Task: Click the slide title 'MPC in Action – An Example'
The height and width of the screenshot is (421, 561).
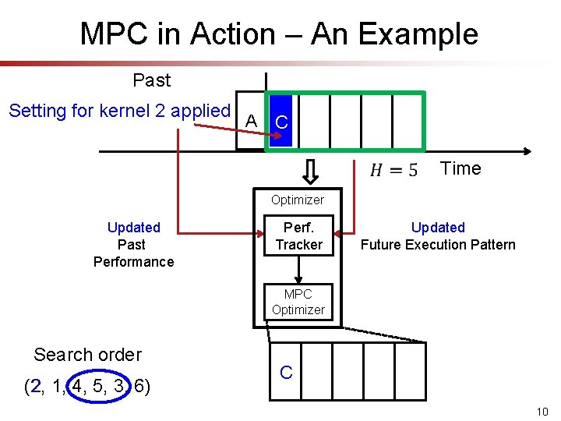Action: (279, 34)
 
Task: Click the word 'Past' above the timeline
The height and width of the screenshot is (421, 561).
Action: (152, 80)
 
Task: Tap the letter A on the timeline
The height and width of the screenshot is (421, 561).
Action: (251, 121)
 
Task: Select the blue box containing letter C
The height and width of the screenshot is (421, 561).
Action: (281, 122)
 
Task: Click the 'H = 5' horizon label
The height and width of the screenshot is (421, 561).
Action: (393, 169)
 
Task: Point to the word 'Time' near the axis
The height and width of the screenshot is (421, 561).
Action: (460, 168)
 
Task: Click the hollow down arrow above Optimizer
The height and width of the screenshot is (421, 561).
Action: (309, 169)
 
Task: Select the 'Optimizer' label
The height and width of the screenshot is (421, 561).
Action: (298, 200)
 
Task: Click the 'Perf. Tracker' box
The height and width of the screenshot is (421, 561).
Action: (298, 236)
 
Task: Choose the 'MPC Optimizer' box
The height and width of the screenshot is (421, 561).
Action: (298, 302)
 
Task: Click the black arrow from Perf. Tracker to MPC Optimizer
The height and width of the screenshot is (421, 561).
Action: (298, 269)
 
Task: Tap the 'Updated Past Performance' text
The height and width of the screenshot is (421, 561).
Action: (133, 244)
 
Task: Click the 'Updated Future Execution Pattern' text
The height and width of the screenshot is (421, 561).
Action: (438, 236)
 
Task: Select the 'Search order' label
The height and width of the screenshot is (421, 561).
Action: (87, 355)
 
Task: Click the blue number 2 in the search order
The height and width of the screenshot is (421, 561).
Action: (34, 386)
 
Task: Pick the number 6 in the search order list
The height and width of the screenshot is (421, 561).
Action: (141, 386)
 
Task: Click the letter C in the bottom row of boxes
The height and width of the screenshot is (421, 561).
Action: (286, 372)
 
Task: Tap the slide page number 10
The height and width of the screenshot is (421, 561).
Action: (543, 412)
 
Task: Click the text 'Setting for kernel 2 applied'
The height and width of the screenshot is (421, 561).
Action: (119, 111)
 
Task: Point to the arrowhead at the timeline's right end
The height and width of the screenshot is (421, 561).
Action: (528, 151)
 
